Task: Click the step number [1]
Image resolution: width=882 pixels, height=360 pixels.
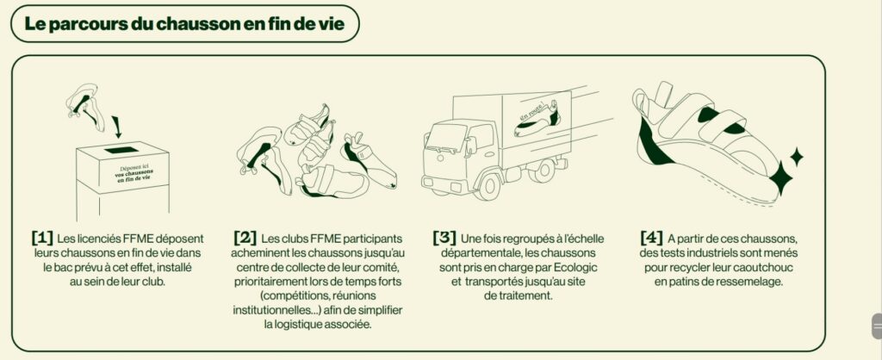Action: click(x=43, y=238)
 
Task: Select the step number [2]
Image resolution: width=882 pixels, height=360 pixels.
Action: click(x=245, y=238)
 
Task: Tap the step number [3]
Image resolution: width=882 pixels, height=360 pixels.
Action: click(x=444, y=238)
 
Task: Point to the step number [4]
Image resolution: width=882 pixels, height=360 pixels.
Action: click(x=652, y=238)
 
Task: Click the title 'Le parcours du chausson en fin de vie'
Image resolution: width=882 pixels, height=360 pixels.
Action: click(x=184, y=24)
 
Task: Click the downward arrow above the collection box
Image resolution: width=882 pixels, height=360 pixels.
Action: click(x=116, y=127)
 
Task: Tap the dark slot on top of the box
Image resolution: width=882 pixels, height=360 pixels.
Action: click(x=121, y=150)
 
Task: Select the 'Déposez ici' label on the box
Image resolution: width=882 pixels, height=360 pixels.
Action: click(x=134, y=168)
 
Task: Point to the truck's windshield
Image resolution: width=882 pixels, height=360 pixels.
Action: click(x=448, y=136)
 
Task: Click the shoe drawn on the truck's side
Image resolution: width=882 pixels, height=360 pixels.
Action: click(x=538, y=119)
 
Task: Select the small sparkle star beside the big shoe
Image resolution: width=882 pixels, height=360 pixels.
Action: click(x=796, y=157)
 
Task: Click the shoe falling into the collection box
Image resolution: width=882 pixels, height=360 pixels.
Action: click(x=85, y=106)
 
